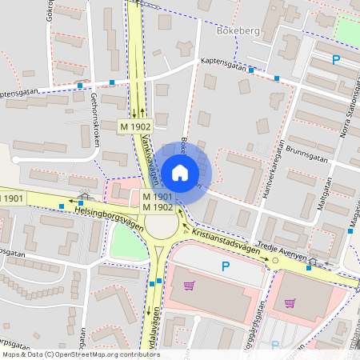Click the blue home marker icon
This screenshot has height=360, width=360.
180,172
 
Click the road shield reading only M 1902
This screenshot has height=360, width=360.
135,126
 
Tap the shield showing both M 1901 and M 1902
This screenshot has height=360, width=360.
158,202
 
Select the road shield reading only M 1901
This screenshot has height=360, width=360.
14,198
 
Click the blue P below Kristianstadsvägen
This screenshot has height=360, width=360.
226,266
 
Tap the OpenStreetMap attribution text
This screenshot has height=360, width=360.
81,354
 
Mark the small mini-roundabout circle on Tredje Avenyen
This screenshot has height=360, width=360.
275,260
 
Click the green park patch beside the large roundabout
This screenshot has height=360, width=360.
128,240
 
